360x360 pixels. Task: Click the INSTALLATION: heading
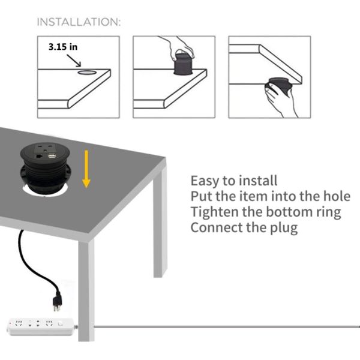click(x=79, y=22)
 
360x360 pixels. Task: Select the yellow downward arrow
click(x=86, y=169)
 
